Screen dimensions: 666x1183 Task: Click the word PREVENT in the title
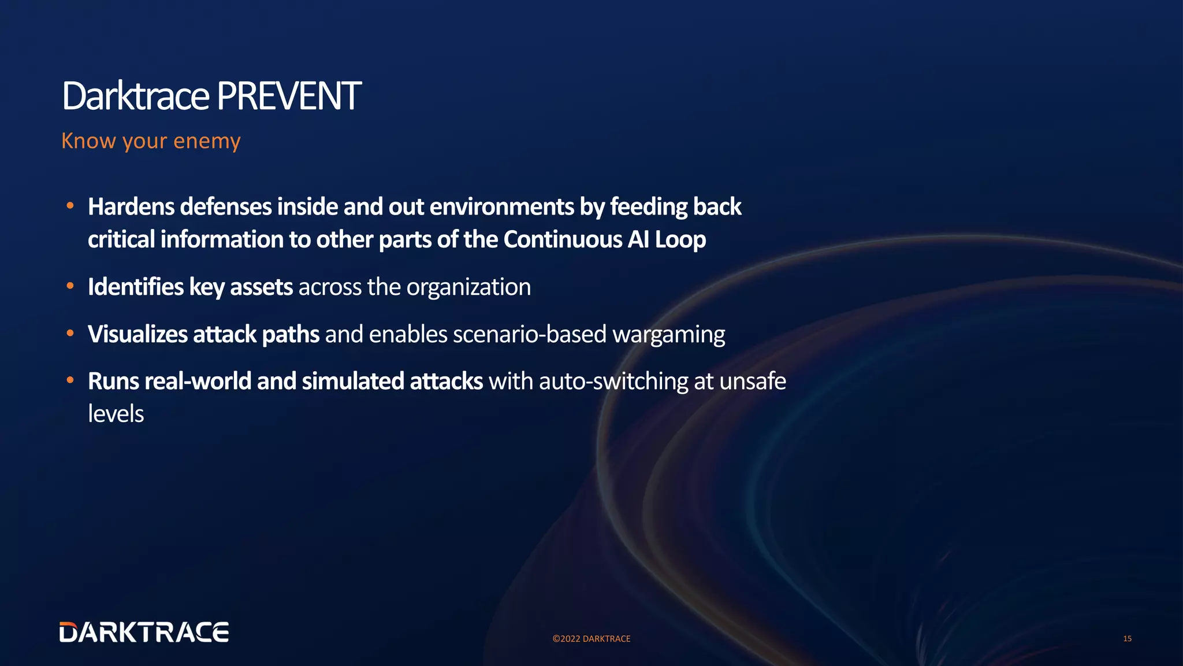click(289, 97)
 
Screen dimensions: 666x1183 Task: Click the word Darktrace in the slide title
click(135, 97)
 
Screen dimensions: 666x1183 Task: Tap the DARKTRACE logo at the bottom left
click(144, 632)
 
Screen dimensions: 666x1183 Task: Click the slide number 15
click(1127, 639)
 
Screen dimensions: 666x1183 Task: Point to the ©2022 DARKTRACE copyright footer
click(591, 639)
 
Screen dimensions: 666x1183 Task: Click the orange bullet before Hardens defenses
click(70, 206)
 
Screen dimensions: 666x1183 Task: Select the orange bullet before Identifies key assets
click(70, 286)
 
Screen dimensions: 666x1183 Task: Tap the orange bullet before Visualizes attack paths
click(70, 334)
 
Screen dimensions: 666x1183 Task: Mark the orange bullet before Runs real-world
click(70, 380)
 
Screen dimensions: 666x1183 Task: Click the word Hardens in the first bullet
click(131, 207)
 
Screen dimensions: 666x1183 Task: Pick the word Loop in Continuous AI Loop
click(680, 240)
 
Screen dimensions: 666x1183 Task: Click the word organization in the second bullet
click(468, 287)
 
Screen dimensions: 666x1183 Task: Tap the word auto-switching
click(613, 382)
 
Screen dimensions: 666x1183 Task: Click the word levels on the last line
click(116, 414)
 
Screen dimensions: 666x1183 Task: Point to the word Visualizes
click(137, 335)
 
